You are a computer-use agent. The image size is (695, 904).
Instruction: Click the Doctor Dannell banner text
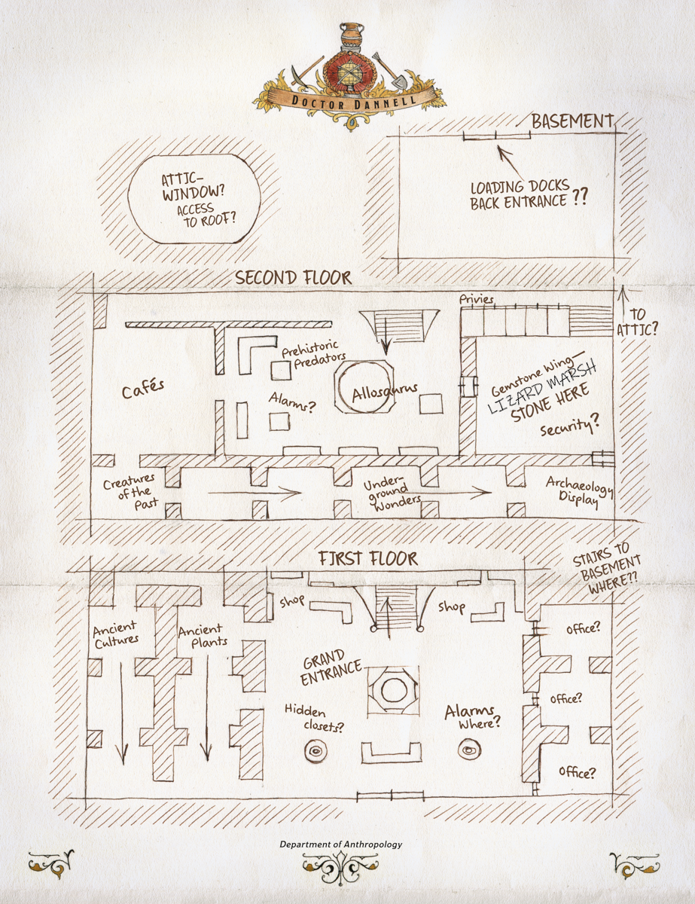click(x=353, y=102)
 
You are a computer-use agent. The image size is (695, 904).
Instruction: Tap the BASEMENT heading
click(x=573, y=121)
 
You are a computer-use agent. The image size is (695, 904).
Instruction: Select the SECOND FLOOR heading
click(x=293, y=277)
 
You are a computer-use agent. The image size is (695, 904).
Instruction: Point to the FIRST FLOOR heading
click(x=368, y=559)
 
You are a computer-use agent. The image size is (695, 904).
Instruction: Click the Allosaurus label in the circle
click(x=385, y=392)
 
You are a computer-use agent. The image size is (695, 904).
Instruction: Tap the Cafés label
click(x=142, y=389)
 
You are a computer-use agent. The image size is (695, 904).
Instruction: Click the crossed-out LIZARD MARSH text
click(x=542, y=387)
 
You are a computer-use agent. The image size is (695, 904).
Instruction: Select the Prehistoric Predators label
click(x=314, y=355)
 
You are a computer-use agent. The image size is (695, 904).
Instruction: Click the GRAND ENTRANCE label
click(x=331, y=667)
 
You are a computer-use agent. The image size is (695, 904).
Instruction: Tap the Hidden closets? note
click(x=314, y=719)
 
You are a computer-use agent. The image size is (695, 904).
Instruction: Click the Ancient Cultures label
click(x=115, y=635)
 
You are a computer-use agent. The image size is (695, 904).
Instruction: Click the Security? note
click(x=570, y=425)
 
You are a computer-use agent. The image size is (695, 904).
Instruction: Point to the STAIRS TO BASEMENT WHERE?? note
click(x=608, y=569)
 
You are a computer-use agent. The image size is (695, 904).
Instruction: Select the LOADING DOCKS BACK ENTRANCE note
click(x=527, y=194)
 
